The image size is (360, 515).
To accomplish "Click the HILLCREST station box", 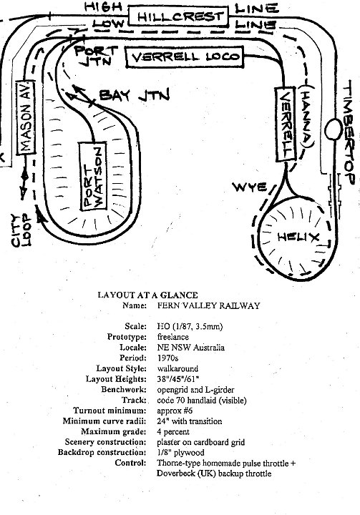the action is tap(177, 16).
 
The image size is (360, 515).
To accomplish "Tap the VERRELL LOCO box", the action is tap(185, 57).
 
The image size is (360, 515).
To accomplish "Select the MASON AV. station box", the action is tap(26, 117).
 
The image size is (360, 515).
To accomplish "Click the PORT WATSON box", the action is tap(93, 176).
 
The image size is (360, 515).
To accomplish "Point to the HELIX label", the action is tap(298, 237).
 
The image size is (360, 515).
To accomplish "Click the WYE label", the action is tap(250, 187).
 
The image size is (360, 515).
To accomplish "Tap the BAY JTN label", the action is tap(135, 95).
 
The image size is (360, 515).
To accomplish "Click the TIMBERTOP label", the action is tap(349, 132).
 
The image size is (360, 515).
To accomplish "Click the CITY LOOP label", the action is tap(21, 230).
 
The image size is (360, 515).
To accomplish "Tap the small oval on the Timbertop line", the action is tap(334, 130).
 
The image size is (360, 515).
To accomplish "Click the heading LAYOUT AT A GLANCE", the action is tap(147, 295).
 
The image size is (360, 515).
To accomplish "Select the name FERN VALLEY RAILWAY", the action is tap(208, 306).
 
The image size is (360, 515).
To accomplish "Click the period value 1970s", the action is tap(167, 358).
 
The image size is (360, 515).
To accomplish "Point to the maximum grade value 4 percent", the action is tap(173, 431).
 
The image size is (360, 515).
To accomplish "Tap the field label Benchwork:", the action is tap(124, 390).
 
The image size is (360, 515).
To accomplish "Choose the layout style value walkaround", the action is tap(177, 368).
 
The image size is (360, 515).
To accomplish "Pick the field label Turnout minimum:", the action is tap(110, 411).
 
